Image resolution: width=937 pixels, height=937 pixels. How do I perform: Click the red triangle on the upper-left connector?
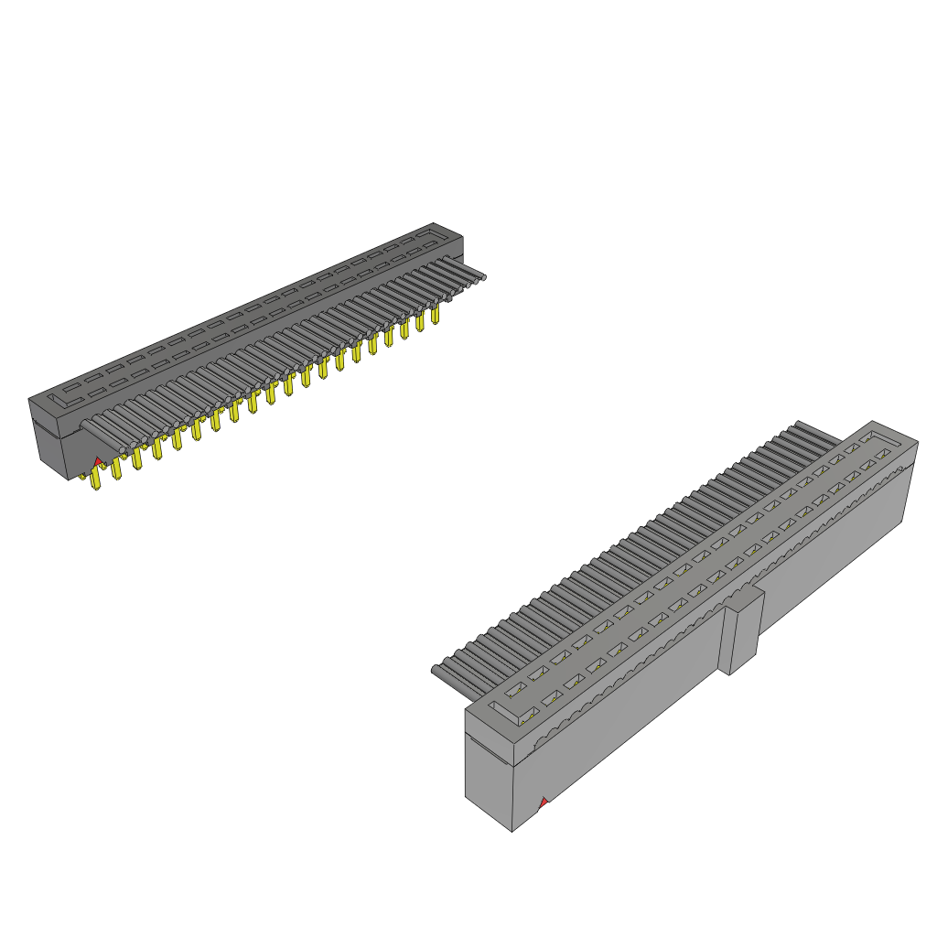98,461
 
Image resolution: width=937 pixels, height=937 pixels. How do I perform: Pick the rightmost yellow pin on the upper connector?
436,315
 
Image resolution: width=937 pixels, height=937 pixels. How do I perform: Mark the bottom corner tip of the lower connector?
512,829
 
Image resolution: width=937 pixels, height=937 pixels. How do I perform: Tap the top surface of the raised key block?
746,598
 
